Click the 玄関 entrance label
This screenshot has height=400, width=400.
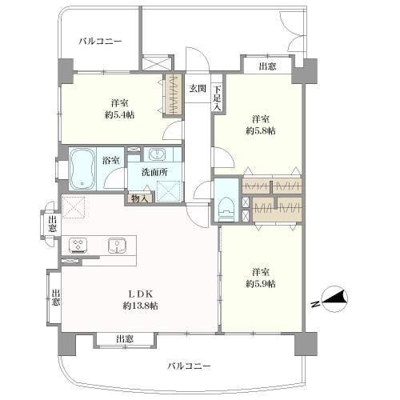click(x=197, y=88)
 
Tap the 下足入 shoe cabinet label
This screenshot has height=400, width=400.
click(x=217, y=97)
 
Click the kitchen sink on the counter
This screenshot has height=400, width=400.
click(x=116, y=246)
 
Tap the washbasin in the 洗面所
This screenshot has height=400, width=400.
click(x=157, y=154)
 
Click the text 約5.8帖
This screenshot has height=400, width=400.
click(x=260, y=130)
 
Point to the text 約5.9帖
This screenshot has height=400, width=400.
click(x=260, y=284)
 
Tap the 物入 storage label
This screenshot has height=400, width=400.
click(x=138, y=198)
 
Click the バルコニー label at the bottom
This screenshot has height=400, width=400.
click(x=190, y=366)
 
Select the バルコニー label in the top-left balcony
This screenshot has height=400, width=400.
click(x=100, y=41)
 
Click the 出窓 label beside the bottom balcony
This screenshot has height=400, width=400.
click(x=124, y=339)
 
